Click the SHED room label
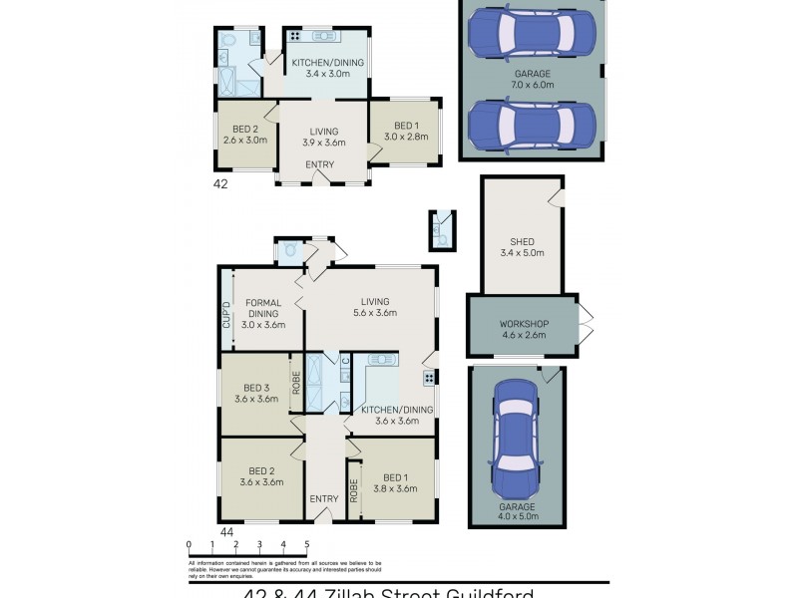[522, 241]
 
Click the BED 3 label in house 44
[257, 388]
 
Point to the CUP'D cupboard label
[226, 314]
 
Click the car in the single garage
[516, 427]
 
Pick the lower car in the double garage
[532, 126]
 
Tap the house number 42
[221, 184]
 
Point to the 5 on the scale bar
[307, 544]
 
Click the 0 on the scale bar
[189, 544]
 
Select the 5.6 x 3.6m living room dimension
[375, 313]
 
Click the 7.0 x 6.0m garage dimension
[532, 85]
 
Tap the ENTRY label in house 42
[319, 164]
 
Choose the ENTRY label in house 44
[323, 499]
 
